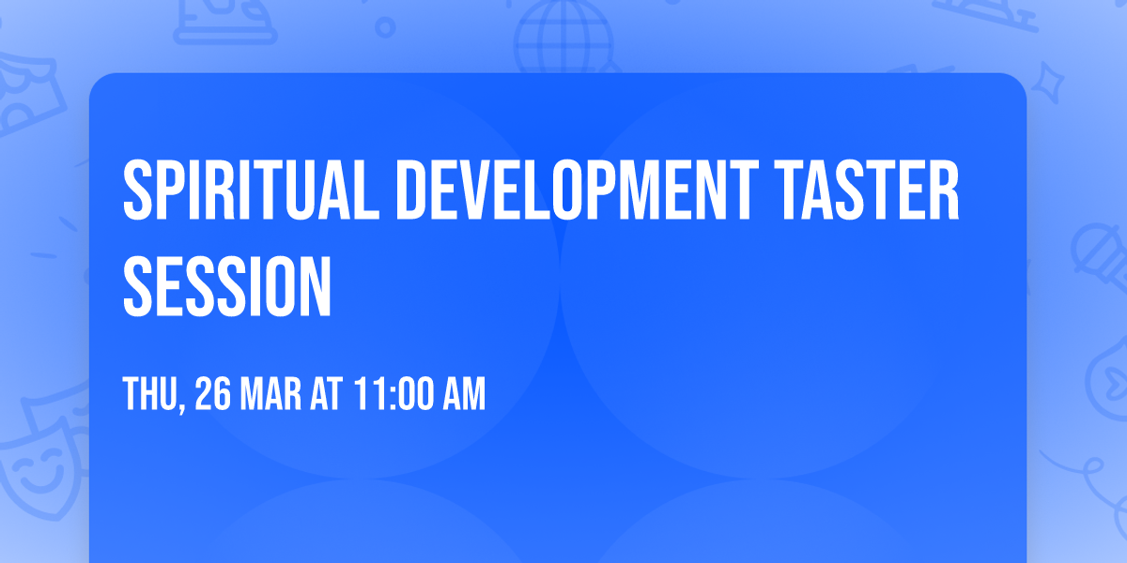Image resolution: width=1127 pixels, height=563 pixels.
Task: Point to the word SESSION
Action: pos(228,279)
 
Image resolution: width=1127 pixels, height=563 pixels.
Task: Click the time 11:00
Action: pos(394,395)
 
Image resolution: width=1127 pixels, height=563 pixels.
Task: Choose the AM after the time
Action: pos(464,395)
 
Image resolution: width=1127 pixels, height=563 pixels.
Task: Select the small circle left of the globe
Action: pos(384,28)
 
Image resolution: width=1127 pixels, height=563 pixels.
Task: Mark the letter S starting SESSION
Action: pos(139,279)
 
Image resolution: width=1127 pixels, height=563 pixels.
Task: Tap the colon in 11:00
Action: pos(385,396)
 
